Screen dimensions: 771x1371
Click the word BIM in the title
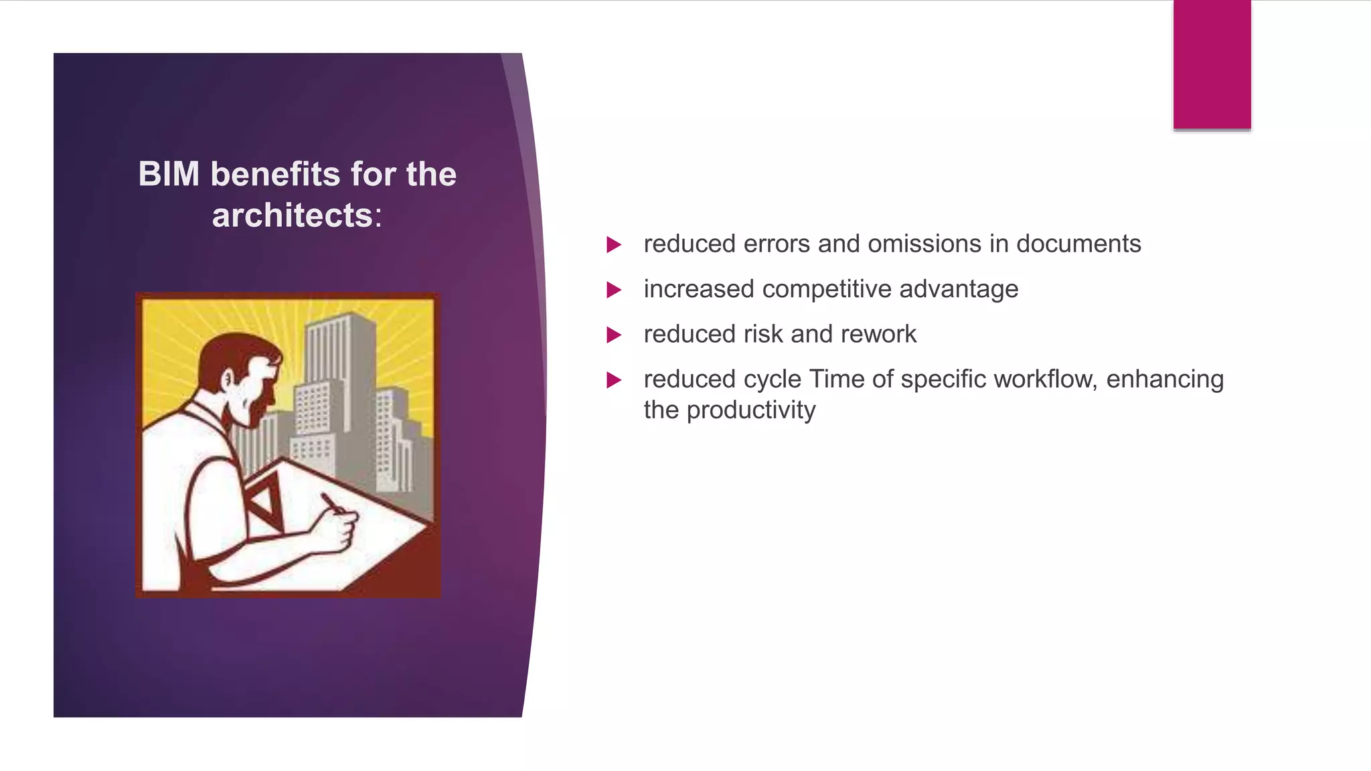169,174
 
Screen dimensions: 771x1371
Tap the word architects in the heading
292,216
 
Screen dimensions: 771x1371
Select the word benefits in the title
276,174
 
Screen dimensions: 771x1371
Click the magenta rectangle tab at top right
1212,64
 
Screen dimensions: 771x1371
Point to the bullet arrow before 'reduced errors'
613,244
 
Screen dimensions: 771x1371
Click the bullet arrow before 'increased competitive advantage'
613,290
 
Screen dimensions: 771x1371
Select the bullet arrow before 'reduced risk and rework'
613,335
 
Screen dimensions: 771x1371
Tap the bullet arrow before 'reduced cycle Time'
613,380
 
